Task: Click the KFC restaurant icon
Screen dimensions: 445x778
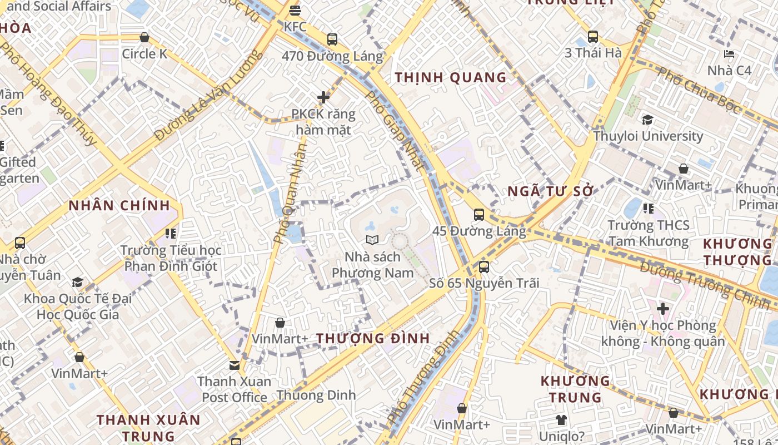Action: (295, 10)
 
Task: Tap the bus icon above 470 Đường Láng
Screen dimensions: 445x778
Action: (332, 39)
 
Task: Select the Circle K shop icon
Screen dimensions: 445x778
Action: (144, 37)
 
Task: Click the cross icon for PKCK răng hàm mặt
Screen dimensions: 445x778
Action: (323, 98)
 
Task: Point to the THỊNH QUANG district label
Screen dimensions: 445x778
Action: (451, 77)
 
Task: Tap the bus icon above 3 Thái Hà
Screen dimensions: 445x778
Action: (593, 37)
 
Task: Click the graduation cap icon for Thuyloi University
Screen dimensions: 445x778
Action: (647, 120)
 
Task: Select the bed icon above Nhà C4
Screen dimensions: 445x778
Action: (729, 55)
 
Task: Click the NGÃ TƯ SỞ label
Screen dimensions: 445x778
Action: (551, 191)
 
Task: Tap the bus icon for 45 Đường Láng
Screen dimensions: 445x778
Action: (478, 214)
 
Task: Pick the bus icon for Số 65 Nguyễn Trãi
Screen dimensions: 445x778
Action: (484, 266)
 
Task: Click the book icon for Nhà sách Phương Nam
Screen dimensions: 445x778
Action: (372, 240)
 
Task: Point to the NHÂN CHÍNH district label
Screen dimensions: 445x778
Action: (119, 205)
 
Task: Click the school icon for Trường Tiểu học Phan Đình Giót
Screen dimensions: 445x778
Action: (171, 234)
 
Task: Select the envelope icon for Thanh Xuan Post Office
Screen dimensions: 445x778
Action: (235, 365)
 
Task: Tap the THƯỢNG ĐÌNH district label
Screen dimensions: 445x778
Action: (373, 338)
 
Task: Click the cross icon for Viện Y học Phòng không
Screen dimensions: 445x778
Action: (662, 308)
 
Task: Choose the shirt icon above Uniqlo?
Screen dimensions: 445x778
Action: (561, 420)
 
